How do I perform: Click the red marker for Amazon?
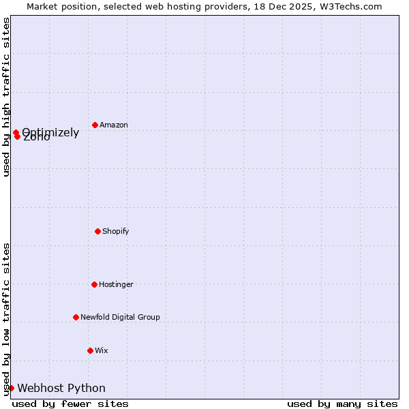click(x=95, y=125)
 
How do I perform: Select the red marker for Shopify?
click(x=97, y=231)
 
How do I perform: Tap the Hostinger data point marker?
click(x=94, y=284)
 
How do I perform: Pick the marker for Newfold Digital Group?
click(x=76, y=317)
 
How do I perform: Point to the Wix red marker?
click(x=90, y=350)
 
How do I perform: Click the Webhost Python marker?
click(x=11, y=388)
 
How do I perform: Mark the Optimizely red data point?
click(x=16, y=132)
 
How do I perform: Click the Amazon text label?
click(x=114, y=125)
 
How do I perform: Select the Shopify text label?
click(x=116, y=232)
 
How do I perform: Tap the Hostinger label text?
click(x=117, y=285)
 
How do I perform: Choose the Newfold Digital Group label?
click(x=121, y=318)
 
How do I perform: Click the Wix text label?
click(x=102, y=351)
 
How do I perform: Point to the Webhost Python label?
click(x=61, y=389)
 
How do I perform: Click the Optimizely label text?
click(x=50, y=133)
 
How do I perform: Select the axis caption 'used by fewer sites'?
click(x=70, y=404)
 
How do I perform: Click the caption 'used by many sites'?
click(x=342, y=404)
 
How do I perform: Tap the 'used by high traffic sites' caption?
click(x=6, y=97)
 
